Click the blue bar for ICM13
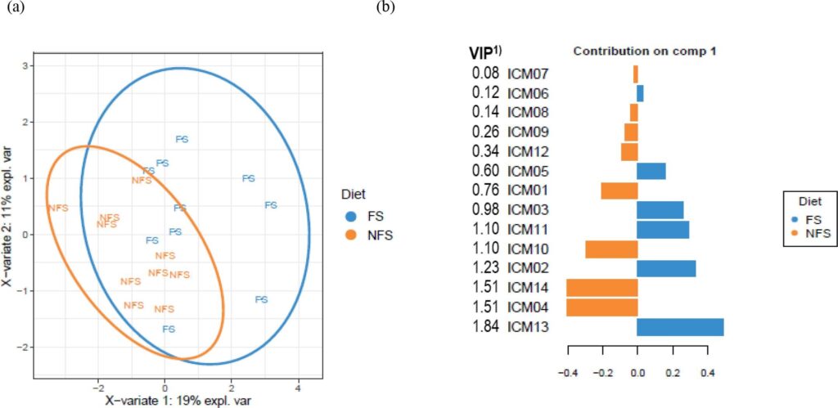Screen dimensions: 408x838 tap(680, 327)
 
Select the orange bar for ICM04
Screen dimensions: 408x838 tap(601, 307)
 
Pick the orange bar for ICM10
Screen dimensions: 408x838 tap(611, 249)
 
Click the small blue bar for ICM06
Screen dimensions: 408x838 tap(640, 93)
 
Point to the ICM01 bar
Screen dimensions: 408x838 tap(619, 191)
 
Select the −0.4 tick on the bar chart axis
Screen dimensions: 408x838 tap(567, 373)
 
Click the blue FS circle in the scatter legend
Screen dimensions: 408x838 tap(351, 217)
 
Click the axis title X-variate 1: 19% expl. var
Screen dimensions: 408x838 tap(172, 401)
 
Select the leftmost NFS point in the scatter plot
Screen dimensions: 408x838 tap(58, 208)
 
